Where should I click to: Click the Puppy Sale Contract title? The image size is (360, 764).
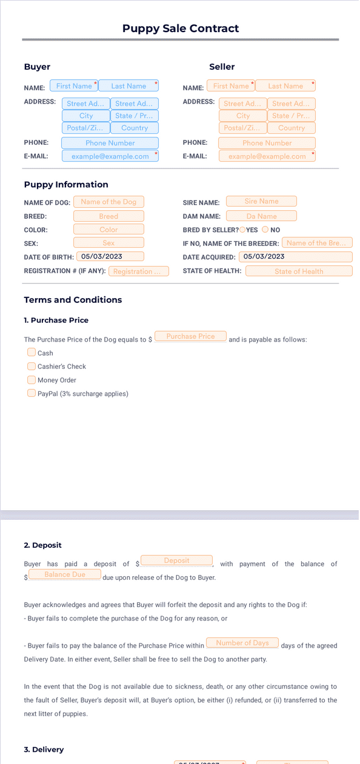181,28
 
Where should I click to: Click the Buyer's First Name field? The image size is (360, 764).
74,86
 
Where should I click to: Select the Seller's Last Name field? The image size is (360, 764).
285,86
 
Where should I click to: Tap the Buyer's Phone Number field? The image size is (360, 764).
110,143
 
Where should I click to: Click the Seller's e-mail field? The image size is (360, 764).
267,156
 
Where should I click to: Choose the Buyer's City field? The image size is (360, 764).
86,116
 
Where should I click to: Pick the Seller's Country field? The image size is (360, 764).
292,128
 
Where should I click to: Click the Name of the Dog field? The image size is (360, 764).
108,202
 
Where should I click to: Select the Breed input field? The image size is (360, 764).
108,216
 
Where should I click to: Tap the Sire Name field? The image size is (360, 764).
261,201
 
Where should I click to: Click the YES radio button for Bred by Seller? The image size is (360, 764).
242,230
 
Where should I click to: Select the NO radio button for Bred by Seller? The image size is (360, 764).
265,230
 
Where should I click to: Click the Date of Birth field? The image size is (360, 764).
109,256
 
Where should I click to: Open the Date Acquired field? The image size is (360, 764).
295,256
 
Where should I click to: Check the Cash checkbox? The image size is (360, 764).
32,352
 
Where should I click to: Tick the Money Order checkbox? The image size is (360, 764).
32,380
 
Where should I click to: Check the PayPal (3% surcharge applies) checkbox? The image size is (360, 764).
32,393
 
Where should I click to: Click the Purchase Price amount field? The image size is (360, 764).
190,336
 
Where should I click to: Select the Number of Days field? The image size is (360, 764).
242,643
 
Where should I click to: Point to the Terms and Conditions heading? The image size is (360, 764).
73,300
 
